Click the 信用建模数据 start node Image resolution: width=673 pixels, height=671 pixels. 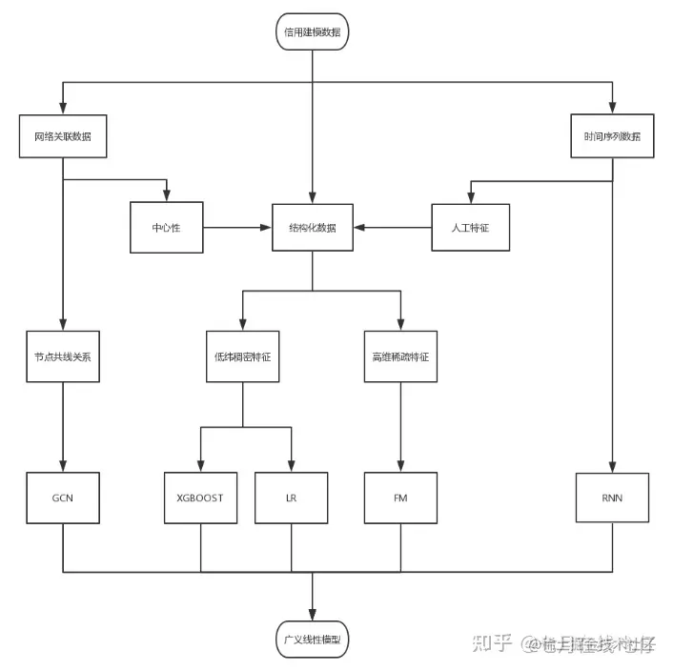pos(313,31)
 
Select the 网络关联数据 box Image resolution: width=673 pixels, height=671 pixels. pos(63,136)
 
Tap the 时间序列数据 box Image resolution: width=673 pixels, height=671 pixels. pos(612,136)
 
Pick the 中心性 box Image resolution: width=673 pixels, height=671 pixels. pos(167,228)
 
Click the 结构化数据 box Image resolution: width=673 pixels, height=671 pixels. pos(313,228)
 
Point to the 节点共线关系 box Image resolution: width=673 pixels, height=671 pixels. pos(63,356)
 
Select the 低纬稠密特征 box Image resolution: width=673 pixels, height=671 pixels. pos(242,356)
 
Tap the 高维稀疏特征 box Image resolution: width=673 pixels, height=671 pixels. pos(400,356)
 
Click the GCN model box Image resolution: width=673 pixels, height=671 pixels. pos(63,498)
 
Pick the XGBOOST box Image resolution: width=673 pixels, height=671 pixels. pos(200,498)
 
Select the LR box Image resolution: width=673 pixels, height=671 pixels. pos(291,498)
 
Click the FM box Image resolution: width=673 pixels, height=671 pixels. pos(400,498)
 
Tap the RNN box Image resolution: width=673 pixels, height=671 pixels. pos(612,498)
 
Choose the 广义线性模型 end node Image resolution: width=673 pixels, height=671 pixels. pos(313,637)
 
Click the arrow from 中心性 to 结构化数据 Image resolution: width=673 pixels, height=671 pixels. pos(237,228)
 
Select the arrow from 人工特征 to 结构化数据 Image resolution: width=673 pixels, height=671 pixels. pos(394,228)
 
